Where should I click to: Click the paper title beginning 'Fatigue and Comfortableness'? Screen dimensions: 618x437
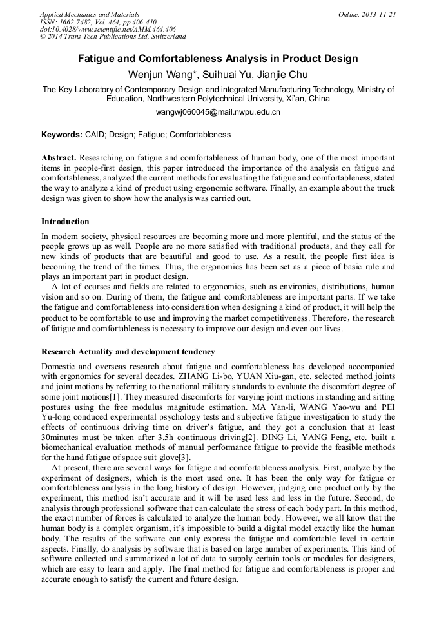pos(218,59)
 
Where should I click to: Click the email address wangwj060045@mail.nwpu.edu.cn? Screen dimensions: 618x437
pos(218,111)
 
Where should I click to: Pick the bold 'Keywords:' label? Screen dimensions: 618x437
pos(61,135)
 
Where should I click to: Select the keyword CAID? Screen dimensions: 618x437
pos(96,135)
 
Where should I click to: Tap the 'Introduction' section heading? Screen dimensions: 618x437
pos(65,222)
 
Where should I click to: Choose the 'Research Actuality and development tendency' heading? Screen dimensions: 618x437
pos(128,352)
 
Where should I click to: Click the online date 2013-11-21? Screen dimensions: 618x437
pos(378,14)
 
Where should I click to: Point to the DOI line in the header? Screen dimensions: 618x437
pos(108,29)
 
